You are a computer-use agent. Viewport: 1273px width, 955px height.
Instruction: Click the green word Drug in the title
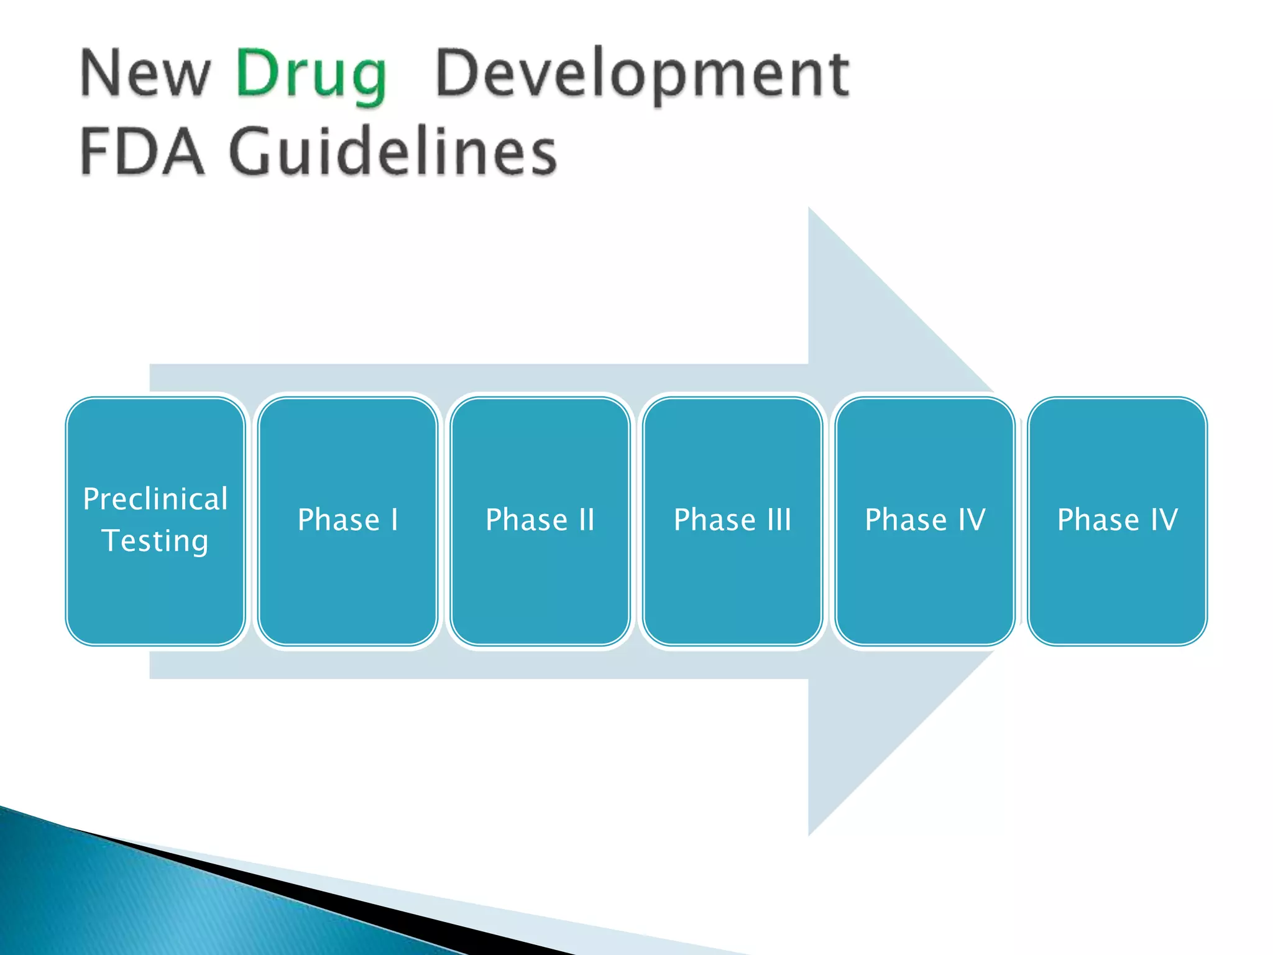point(311,76)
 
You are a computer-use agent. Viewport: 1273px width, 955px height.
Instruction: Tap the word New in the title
point(145,75)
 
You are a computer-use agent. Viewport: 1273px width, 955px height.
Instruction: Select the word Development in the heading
point(641,76)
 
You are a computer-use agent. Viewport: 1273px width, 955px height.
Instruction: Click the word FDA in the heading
point(142,151)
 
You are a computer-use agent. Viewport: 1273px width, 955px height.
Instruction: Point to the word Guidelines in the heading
point(393,151)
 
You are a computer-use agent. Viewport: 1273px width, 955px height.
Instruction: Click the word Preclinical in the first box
point(155,499)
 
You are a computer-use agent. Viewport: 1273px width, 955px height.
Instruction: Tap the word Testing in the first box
point(155,540)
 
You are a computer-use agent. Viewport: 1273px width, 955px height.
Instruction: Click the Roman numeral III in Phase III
point(778,520)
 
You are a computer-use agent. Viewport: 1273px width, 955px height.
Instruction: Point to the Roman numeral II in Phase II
point(586,520)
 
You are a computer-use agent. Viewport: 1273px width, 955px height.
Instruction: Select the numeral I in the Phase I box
point(394,520)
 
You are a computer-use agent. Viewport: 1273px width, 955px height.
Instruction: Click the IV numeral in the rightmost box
point(1164,520)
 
